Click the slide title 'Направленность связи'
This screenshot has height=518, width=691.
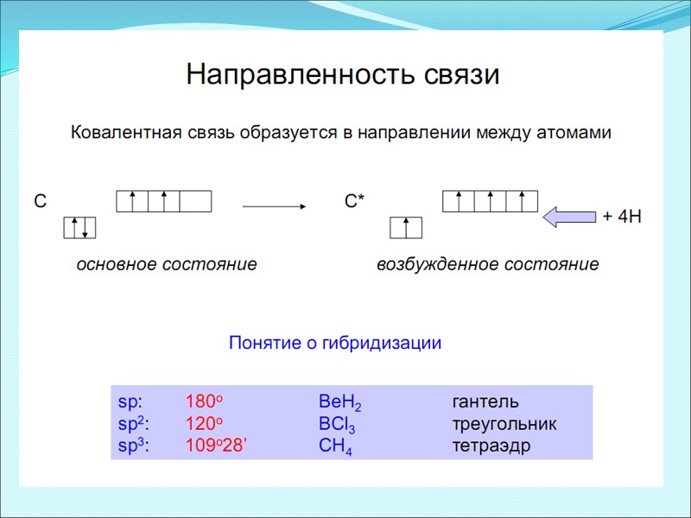343,75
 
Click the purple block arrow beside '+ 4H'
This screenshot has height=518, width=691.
569,217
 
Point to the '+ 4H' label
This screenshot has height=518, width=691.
621,217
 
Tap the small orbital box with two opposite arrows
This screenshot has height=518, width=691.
79,227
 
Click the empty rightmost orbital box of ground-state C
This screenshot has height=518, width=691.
196,201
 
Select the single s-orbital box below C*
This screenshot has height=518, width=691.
406,227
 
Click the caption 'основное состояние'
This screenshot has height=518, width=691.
167,264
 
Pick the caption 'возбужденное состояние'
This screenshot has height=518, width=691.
487,264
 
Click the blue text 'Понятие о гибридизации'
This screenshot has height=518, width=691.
335,343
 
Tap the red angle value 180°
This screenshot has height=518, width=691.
205,402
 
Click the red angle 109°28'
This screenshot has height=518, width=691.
216,445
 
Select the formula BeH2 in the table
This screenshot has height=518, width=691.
339,403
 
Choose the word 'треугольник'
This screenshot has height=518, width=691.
504,425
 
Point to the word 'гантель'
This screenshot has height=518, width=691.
485,402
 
